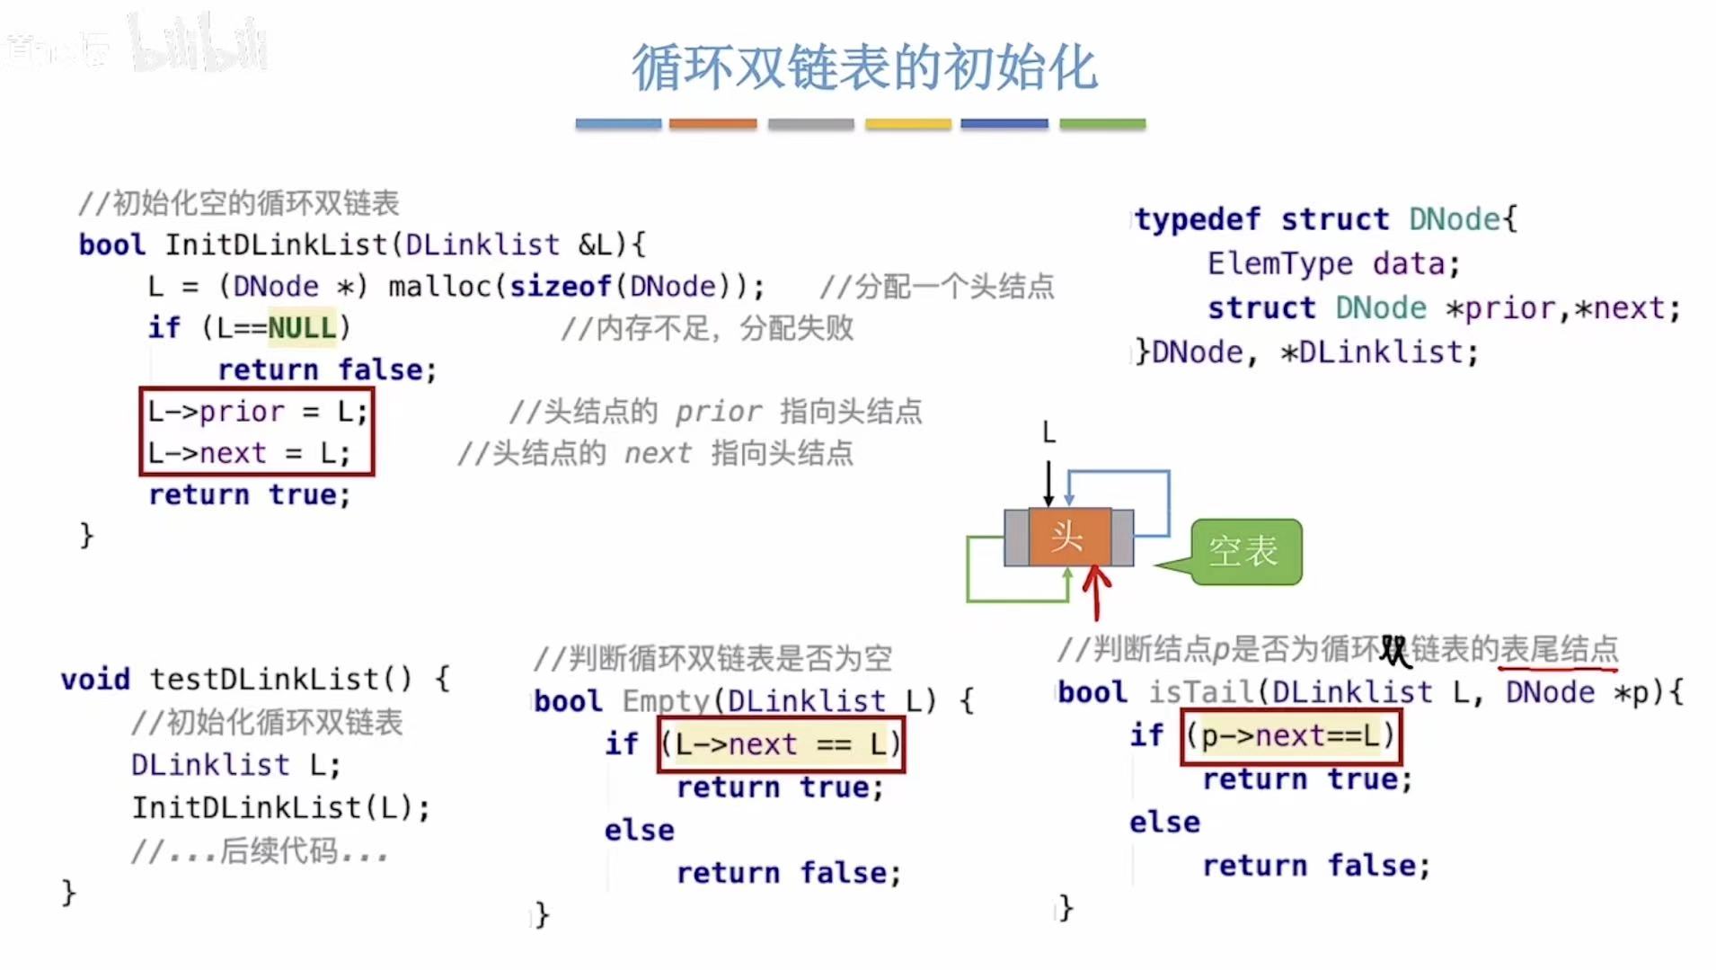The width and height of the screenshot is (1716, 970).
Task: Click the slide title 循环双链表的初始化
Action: point(864,67)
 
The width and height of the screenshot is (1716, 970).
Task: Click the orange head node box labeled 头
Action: point(1068,537)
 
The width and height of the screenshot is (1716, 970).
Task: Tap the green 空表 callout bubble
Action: point(1245,551)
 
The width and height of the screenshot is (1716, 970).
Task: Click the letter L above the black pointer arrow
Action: point(1048,433)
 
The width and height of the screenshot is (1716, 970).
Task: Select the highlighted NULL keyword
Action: point(302,328)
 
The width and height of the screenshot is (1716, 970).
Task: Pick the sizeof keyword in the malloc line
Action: point(560,287)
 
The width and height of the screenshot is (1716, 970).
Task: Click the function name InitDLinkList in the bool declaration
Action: point(275,245)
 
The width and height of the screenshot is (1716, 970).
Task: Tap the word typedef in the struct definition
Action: point(1197,219)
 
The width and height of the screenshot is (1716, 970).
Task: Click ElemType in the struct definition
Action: point(1279,263)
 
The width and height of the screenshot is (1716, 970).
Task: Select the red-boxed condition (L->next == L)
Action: point(781,744)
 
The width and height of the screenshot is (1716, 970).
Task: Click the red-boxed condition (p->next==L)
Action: point(1290,736)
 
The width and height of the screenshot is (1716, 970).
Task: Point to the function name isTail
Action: point(1201,692)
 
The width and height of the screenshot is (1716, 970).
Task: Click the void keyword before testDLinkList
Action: point(95,680)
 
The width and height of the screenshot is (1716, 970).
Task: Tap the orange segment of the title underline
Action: point(712,124)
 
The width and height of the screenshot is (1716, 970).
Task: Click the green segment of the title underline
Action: point(1102,124)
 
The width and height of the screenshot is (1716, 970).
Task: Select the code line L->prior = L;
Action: point(257,412)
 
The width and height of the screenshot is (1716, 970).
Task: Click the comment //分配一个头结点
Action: point(936,287)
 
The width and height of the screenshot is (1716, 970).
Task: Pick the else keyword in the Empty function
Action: point(639,830)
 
